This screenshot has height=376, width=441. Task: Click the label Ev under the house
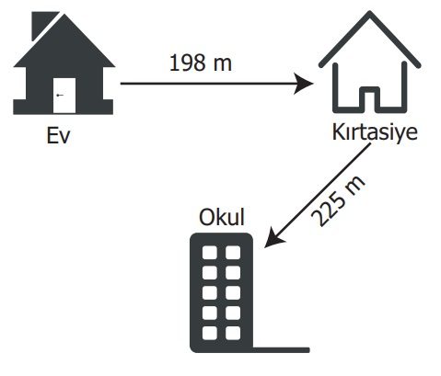point(58,135)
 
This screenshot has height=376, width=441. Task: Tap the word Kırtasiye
point(375,132)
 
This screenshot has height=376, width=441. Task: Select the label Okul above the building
point(222,217)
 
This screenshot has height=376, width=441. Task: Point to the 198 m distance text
point(201,63)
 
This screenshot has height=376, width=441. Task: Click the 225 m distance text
point(338,201)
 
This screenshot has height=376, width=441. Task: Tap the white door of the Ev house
point(64,96)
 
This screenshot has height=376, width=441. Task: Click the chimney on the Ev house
point(43,25)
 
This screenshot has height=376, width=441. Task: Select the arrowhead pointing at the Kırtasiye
point(303,84)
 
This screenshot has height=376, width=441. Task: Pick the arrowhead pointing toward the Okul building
point(273,238)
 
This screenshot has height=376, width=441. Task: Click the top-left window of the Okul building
point(210,253)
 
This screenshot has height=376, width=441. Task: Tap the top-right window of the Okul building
point(233,253)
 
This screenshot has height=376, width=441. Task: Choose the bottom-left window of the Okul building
point(210,333)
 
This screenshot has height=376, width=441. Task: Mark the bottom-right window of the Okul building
point(233,333)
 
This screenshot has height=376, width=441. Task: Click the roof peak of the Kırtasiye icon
point(370,13)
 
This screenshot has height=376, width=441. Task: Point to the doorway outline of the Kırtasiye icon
point(369,97)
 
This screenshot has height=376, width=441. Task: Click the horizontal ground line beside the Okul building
point(281,350)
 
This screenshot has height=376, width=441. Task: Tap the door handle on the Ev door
point(60,96)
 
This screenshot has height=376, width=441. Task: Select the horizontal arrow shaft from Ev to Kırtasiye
point(209,84)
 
